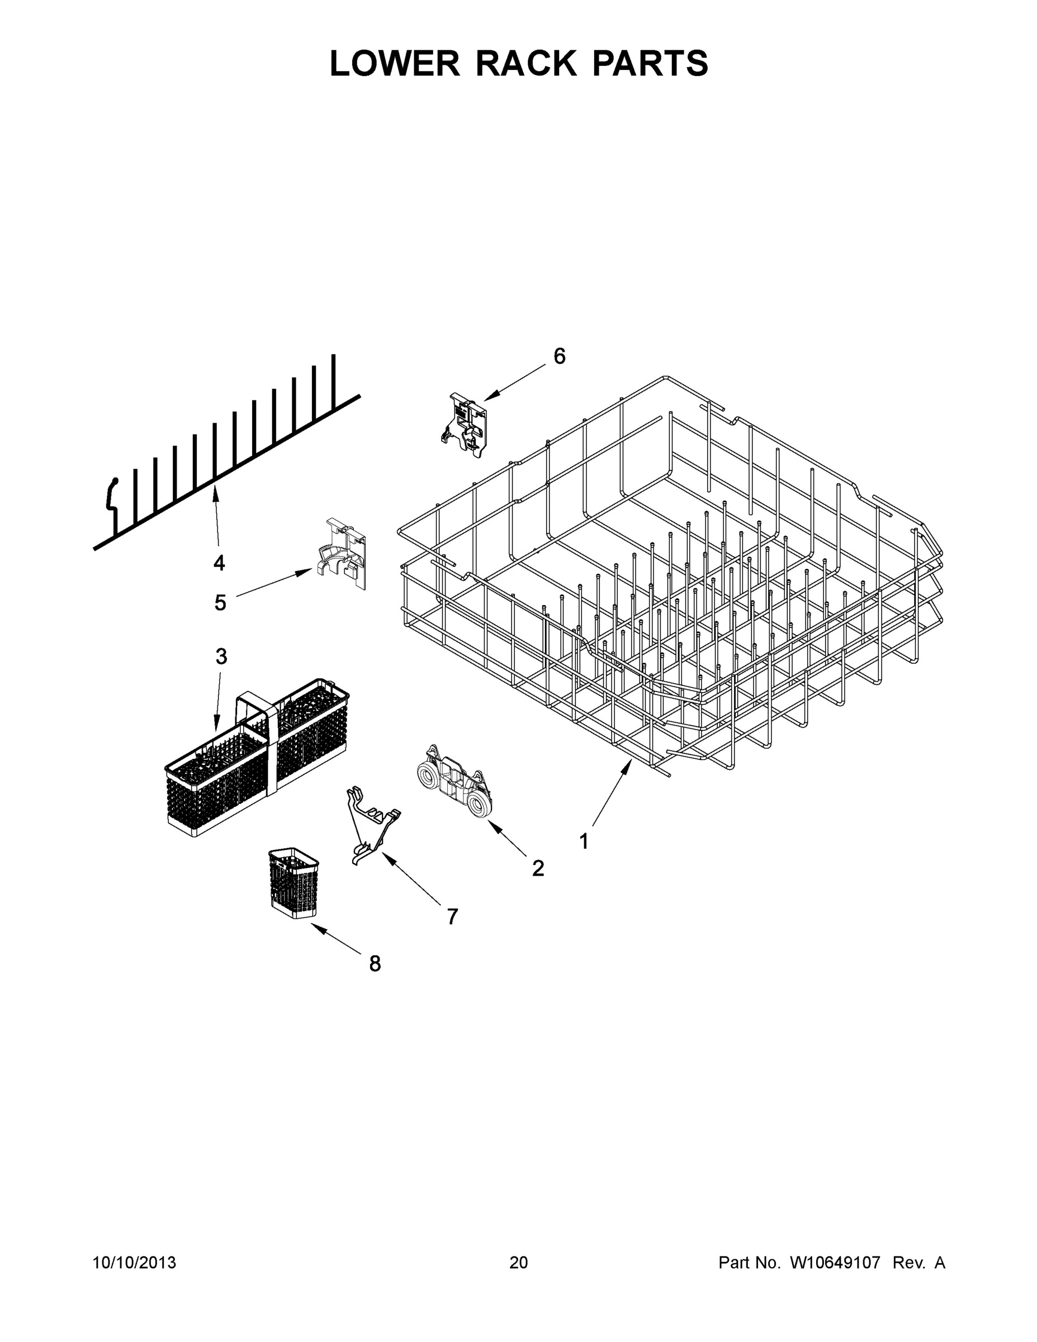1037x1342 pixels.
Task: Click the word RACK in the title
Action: [526, 63]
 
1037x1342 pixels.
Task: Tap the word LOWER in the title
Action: [395, 63]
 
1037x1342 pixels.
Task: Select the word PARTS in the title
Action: [650, 63]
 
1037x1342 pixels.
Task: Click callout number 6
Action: [559, 356]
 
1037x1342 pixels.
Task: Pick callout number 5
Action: [220, 603]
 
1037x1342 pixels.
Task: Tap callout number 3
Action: [221, 656]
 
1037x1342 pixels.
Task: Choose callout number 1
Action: [584, 841]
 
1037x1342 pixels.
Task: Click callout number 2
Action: [538, 868]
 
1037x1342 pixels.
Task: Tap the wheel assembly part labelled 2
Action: [455, 782]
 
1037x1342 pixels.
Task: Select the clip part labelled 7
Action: [371, 824]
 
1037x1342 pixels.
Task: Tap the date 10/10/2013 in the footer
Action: [134, 1263]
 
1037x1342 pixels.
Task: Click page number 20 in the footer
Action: [519, 1263]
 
